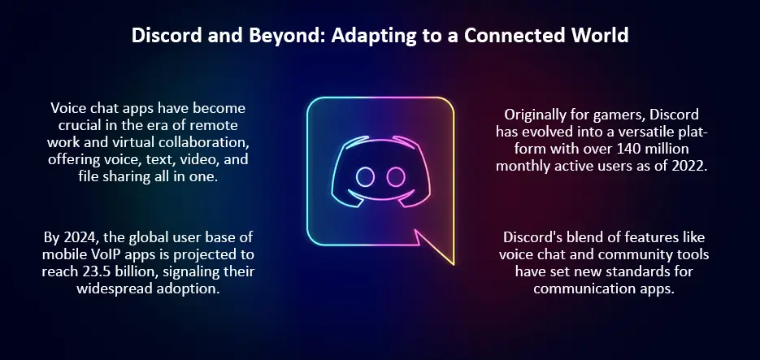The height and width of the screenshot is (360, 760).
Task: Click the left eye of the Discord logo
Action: [x=364, y=176]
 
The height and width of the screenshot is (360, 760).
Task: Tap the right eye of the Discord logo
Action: [x=396, y=176]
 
